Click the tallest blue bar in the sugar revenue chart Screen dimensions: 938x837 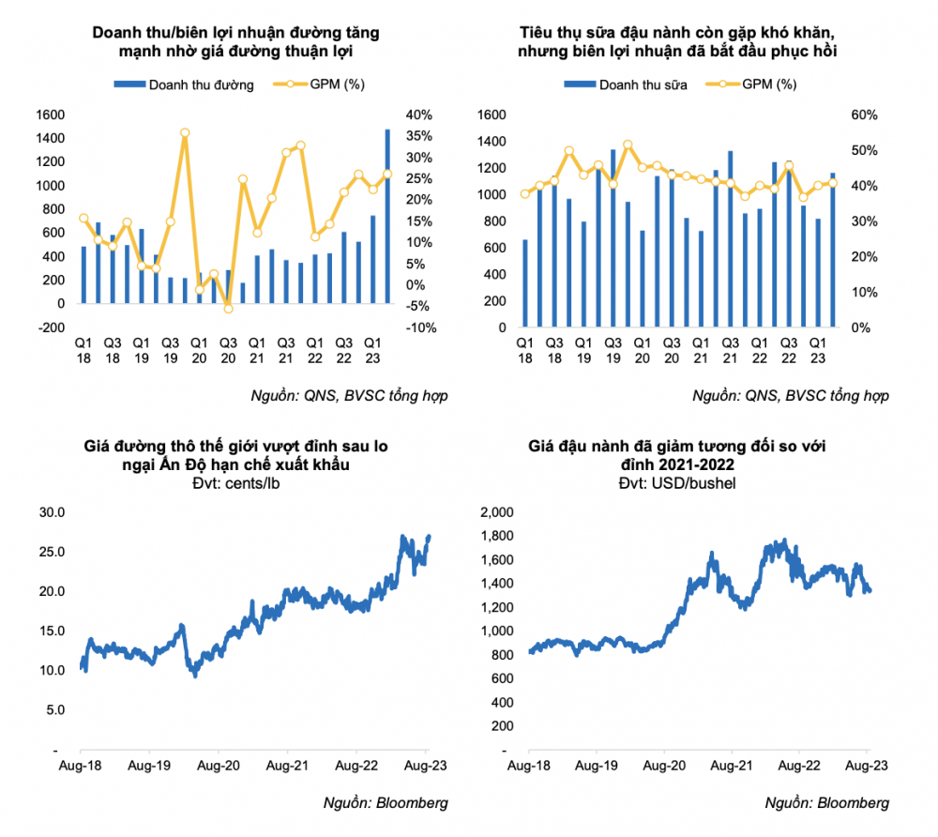pos(387,216)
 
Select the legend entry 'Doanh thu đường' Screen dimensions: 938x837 pos(184,85)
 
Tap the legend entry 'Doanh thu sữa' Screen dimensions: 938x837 pos(625,85)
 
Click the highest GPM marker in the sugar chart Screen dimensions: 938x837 pos(185,133)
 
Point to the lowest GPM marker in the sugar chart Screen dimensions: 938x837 pos(228,309)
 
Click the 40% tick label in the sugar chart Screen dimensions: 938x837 pos(418,114)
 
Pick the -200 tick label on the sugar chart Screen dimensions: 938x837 pos(52,327)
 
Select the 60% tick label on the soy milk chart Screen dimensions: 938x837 pos(865,114)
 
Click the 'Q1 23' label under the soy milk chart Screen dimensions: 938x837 pos(818,351)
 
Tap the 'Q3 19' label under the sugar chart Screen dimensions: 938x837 pos(171,351)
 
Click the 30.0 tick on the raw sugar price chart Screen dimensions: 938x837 pos(52,512)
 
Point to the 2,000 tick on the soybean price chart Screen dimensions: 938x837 pos(497,512)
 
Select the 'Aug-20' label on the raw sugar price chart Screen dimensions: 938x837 pos(219,766)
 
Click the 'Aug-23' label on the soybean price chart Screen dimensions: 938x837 pos(866,766)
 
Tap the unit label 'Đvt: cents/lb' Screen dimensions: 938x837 pos(235,483)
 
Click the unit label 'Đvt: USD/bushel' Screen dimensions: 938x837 pos(677,483)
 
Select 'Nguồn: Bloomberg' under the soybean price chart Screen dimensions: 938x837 pos(826,803)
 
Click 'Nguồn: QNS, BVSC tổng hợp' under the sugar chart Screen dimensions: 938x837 pos(349,396)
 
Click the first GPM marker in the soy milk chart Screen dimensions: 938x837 pos(525,194)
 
